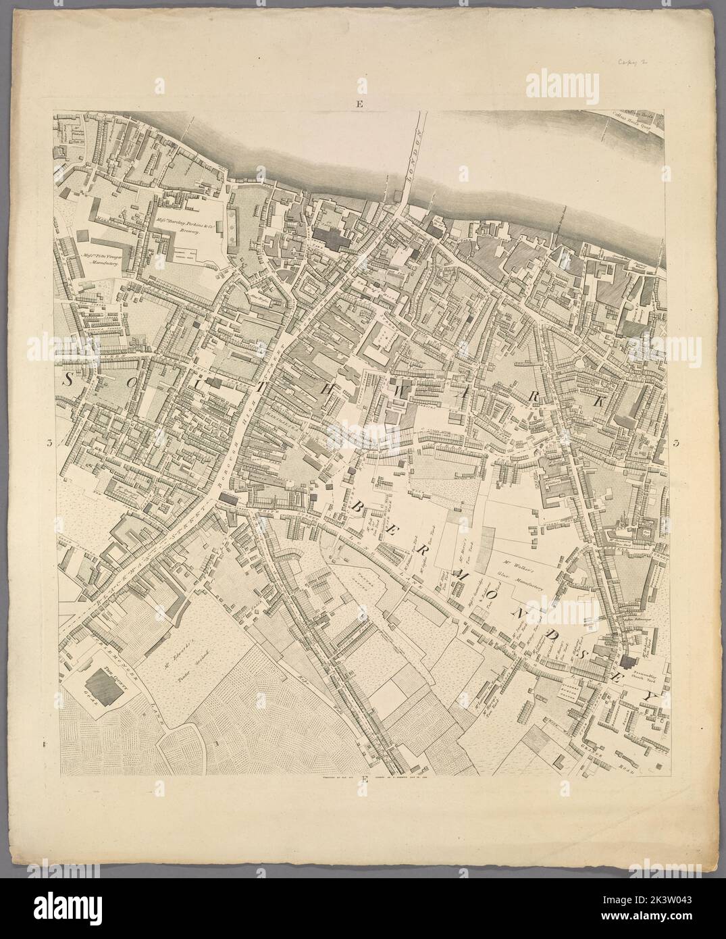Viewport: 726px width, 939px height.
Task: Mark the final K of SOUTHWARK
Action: (x=598, y=400)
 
